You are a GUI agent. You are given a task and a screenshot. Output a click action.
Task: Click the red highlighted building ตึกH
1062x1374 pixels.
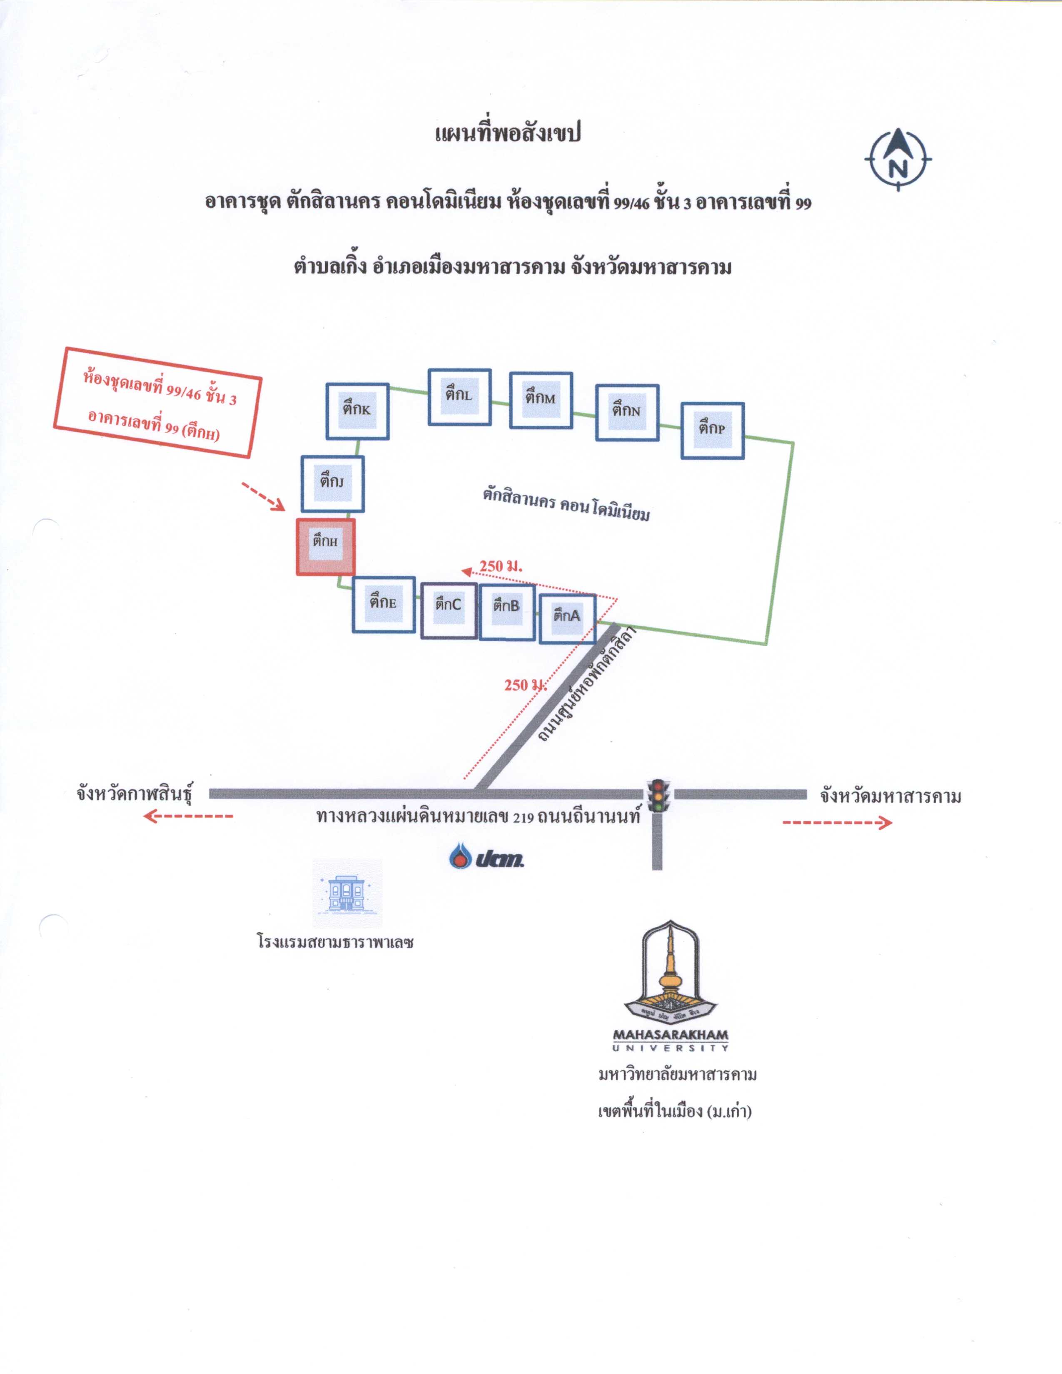click(325, 547)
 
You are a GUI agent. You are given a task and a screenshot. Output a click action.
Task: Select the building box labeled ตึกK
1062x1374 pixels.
click(357, 411)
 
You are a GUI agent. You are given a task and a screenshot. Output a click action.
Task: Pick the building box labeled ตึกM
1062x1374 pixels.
click(541, 400)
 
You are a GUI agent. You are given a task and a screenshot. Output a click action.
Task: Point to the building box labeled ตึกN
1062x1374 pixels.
click(627, 412)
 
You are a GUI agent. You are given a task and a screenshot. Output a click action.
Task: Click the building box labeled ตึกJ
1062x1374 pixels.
click(332, 483)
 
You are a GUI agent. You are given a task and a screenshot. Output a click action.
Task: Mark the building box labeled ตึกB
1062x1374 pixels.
click(507, 612)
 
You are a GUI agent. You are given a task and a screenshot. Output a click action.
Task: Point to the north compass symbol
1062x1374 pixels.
click(898, 159)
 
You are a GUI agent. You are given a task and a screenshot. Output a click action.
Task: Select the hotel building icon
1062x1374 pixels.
click(347, 894)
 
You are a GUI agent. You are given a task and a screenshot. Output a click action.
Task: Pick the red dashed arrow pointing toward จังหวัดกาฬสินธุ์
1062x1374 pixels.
click(188, 816)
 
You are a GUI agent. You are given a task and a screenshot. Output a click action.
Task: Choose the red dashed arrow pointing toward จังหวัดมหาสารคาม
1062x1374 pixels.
click(838, 822)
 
